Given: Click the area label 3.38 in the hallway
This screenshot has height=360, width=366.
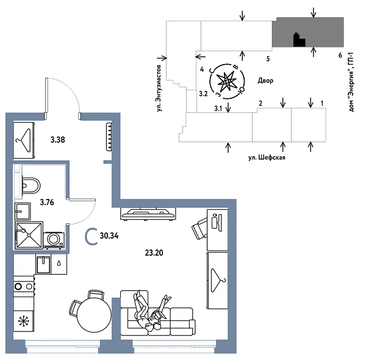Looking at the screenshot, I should click(x=57, y=140).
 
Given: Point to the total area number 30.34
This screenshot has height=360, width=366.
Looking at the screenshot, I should click(x=110, y=235).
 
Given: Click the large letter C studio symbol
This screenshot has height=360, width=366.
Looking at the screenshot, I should click(x=90, y=236).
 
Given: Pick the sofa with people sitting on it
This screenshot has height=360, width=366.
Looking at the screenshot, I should click(x=159, y=314).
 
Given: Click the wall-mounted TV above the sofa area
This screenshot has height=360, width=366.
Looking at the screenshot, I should click(x=149, y=214).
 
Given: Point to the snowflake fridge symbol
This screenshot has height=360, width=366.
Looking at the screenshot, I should click(x=25, y=321).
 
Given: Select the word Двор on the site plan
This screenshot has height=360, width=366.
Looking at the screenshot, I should click(x=265, y=81).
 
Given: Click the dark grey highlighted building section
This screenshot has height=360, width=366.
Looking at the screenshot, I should click(x=306, y=32).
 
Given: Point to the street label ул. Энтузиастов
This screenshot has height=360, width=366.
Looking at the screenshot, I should click(x=160, y=87).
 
